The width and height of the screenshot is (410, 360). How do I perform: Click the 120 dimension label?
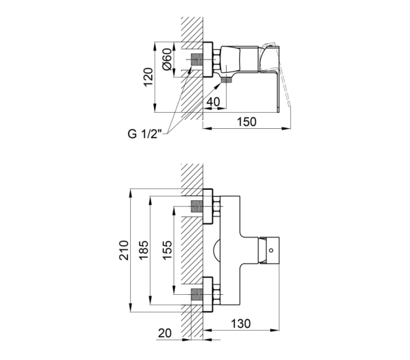tap(148, 77)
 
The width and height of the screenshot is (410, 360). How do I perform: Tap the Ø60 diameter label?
tap(167, 59)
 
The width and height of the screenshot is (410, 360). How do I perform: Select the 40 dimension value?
tap(213, 102)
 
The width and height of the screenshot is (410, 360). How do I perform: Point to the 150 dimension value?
tap(246, 122)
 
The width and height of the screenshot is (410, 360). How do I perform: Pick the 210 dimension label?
tap(124, 250)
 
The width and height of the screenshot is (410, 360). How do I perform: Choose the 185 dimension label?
tap(144, 250)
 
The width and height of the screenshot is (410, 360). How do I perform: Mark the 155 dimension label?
tap(167, 250)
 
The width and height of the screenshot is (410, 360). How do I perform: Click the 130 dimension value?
tap(241, 324)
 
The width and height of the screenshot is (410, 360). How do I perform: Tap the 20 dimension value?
tap(164, 333)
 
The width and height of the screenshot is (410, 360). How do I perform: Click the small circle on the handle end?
tap(271, 250)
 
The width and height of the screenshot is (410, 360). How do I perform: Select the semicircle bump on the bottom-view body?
tap(217, 250)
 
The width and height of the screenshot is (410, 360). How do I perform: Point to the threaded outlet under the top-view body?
tap(227, 80)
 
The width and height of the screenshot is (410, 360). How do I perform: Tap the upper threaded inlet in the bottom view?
tap(197, 207)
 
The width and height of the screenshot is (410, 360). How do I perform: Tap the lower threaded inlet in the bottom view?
tap(197, 294)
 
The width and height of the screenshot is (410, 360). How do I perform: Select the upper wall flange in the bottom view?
tap(208, 207)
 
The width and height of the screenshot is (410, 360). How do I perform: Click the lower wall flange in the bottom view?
tap(208, 294)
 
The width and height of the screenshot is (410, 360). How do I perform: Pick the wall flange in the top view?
tap(208, 60)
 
